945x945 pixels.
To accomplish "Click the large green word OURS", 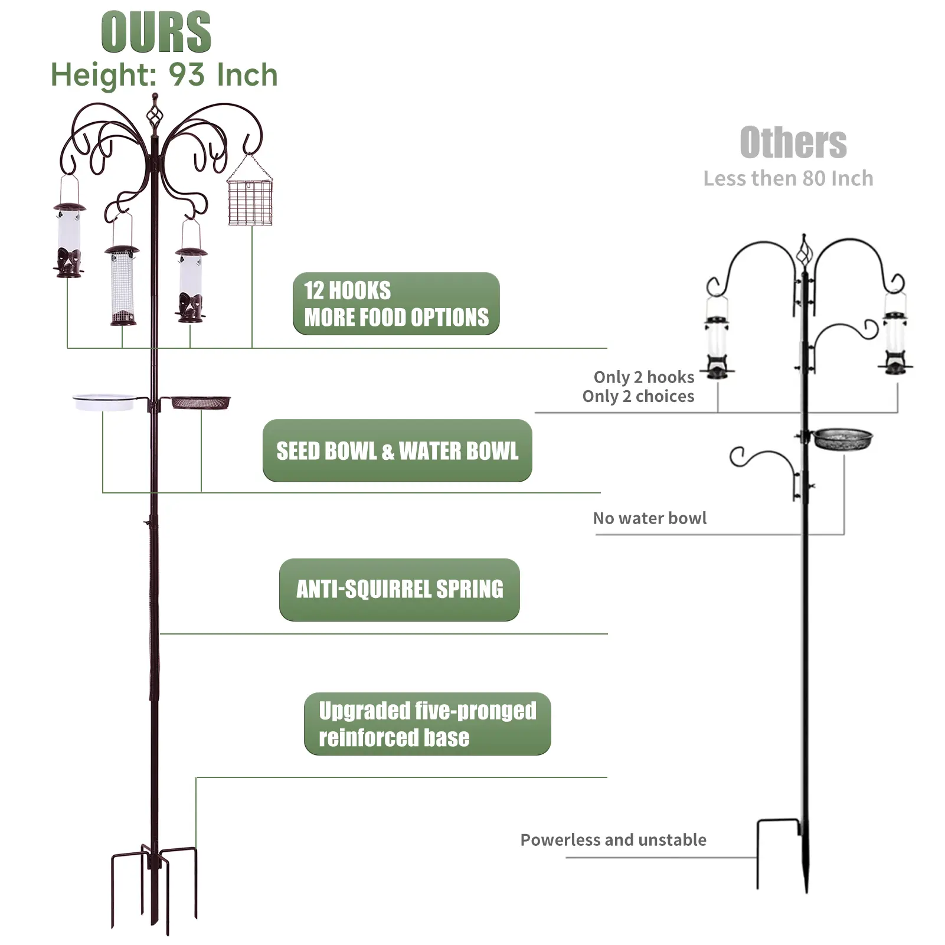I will [156, 32].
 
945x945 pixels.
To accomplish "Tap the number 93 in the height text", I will [187, 76].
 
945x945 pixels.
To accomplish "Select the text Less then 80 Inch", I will [788, 178].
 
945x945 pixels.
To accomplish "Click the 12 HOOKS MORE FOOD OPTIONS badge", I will [396, 304].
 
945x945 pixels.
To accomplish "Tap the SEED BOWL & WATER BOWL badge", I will [397, 451].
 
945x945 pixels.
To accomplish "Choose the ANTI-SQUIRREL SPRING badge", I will [400, 590].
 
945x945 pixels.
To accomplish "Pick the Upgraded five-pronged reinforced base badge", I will [427, 724].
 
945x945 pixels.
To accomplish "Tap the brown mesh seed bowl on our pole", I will [201, 403].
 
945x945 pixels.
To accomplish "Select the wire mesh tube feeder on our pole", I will [123, 286].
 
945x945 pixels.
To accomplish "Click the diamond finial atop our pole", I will [155, 116].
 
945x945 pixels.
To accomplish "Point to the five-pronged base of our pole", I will [154, 885].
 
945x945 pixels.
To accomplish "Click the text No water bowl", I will [649, 518].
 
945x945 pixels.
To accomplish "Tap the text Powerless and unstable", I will [613, 840].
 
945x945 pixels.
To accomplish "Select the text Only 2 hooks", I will [643, 377].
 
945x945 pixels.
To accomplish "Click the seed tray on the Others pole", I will [842, 439].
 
